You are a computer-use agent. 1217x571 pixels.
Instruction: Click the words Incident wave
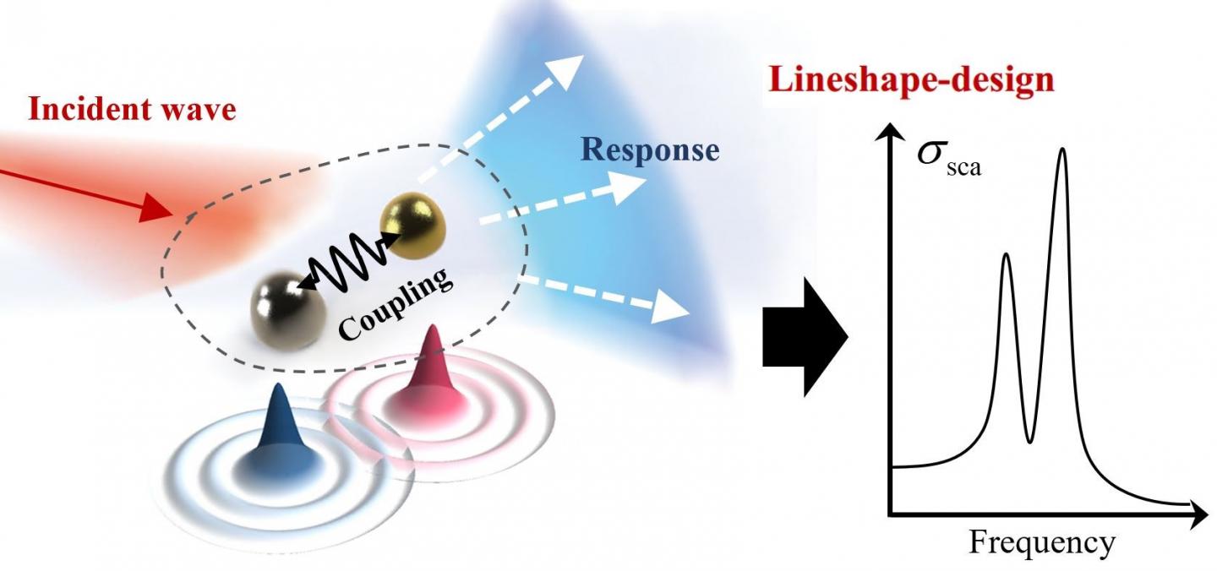(132, 111)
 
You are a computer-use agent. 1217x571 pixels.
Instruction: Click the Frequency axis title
(1041, 542)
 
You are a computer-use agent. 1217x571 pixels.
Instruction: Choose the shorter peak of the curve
(1006, 256)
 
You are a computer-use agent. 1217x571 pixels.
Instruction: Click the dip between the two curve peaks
(1029, 440)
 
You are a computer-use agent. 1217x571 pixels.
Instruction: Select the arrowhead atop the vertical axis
(889, 131)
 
